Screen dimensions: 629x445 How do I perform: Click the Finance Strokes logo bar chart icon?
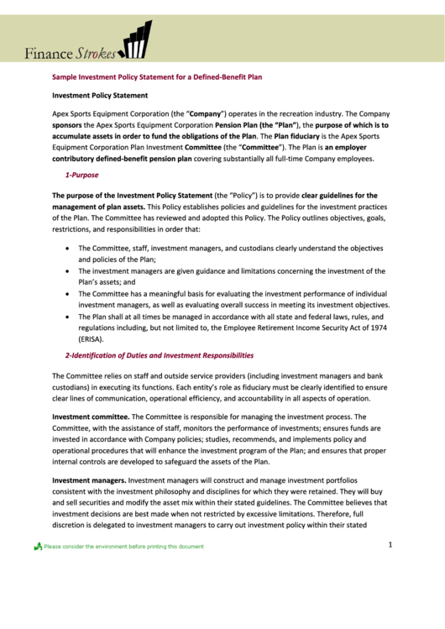(x=134, y=40)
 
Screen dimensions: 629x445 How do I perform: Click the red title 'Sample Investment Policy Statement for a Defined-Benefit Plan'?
(x=157, y=76)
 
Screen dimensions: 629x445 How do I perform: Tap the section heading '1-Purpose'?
(x=81, y=175)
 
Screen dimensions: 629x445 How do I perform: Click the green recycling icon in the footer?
(x=38, y=547)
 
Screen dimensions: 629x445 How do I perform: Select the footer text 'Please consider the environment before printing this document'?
(x=123, y=547)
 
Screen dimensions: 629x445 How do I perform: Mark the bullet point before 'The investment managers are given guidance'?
(x=66, y=271)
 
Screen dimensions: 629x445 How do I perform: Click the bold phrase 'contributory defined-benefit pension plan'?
(x=122, y=158)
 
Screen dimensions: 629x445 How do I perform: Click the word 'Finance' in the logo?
(x=48, y=54)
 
